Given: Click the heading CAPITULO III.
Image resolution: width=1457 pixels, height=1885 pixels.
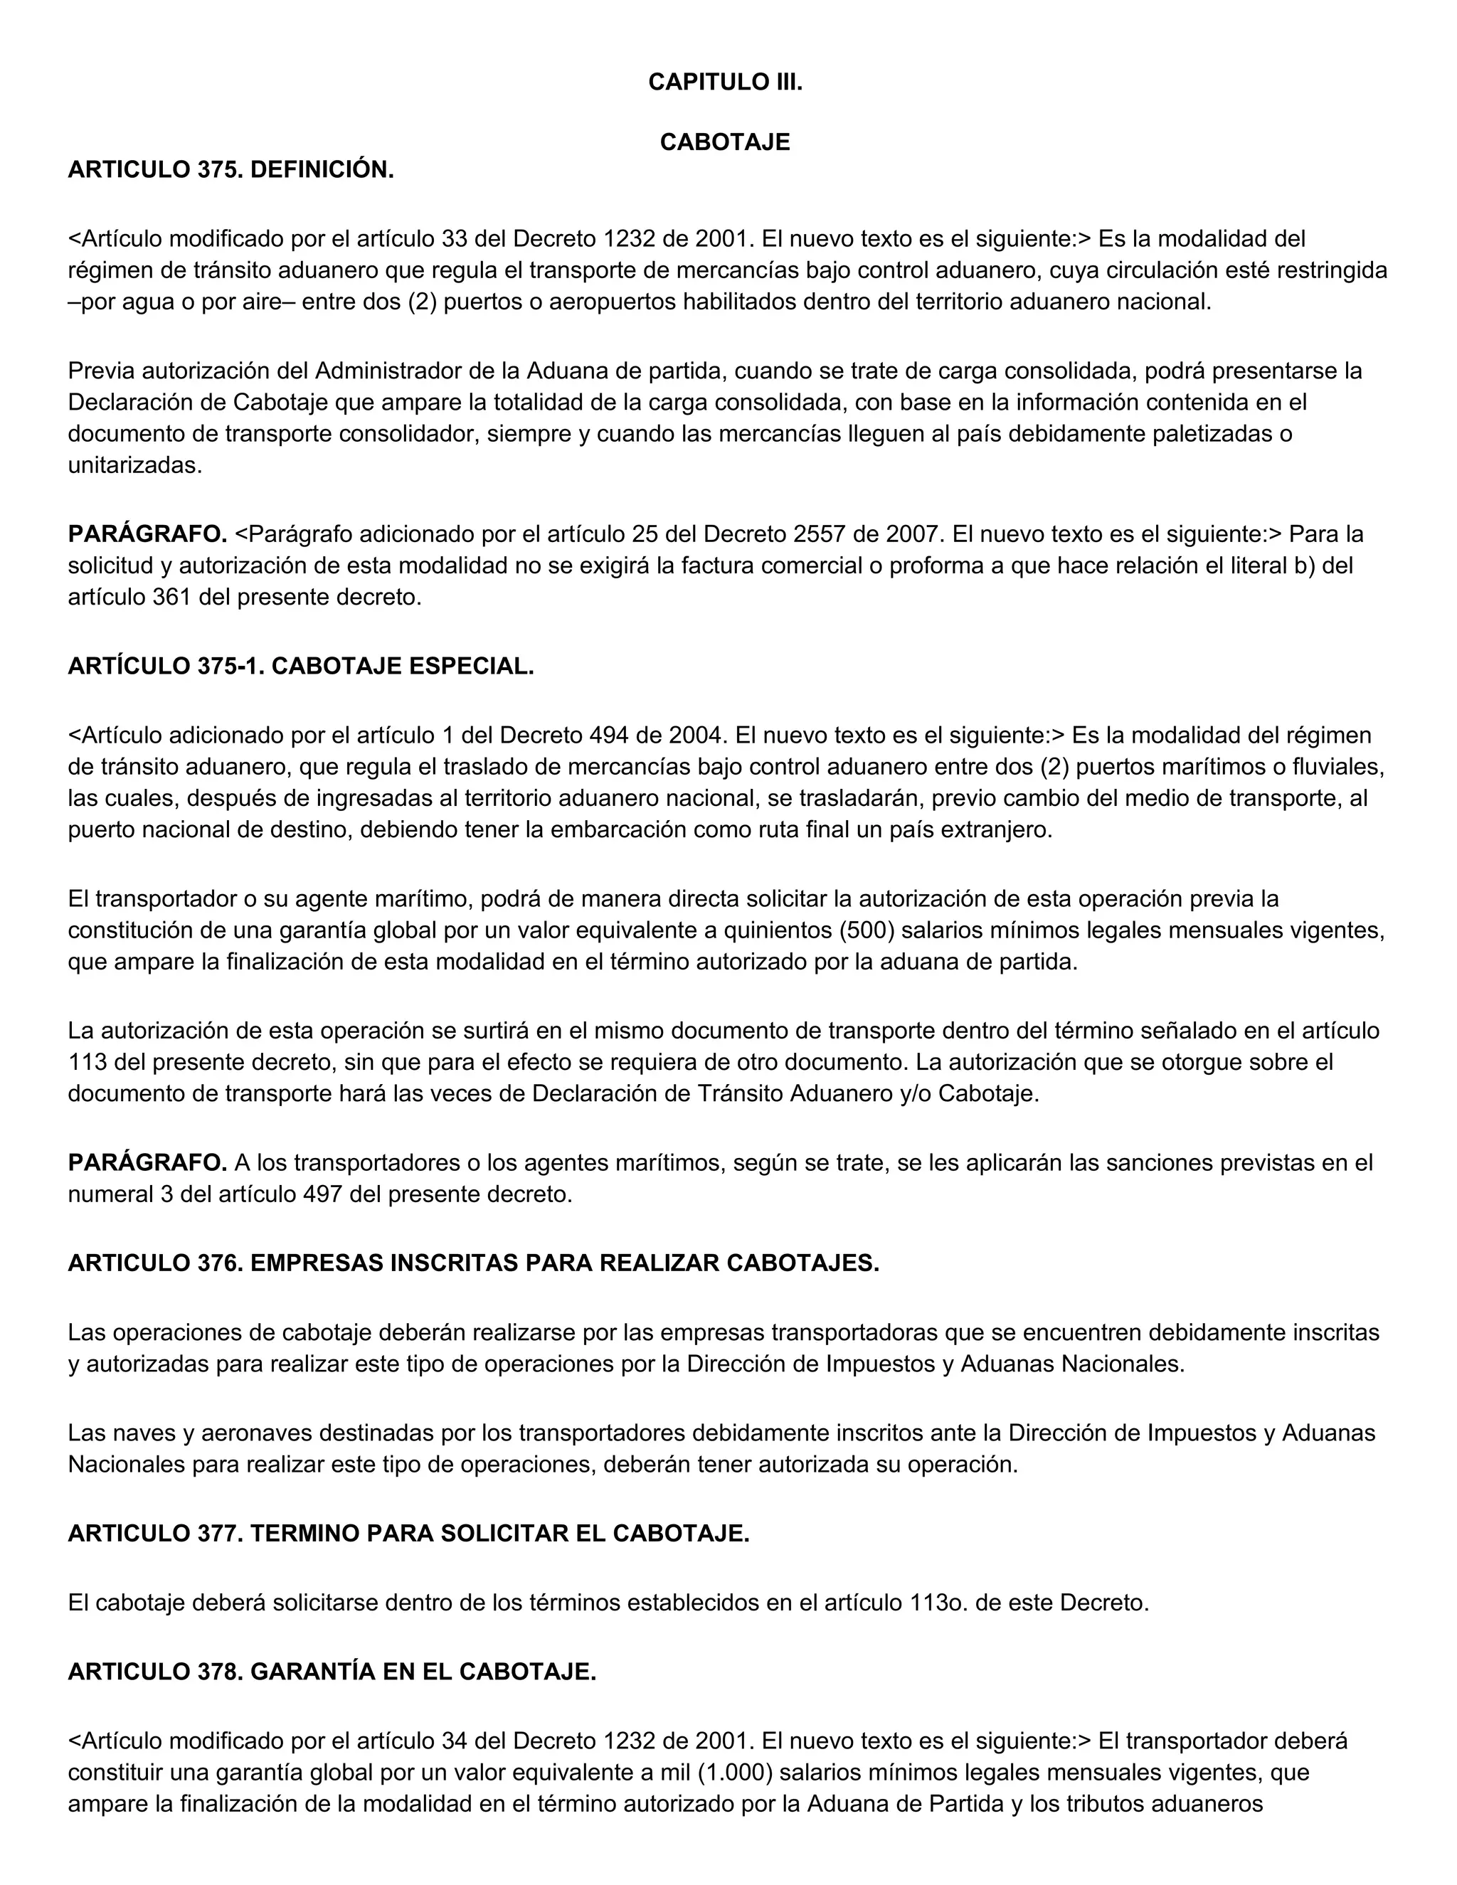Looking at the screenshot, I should (x=725, y=82).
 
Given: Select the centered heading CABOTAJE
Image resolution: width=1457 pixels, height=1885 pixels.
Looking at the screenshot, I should (x=725, y=142).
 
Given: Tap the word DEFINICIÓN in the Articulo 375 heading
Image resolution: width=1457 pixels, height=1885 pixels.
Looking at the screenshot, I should (x=322, y=170).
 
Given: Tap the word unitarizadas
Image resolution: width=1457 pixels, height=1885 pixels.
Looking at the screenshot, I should (x=134, y=465).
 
